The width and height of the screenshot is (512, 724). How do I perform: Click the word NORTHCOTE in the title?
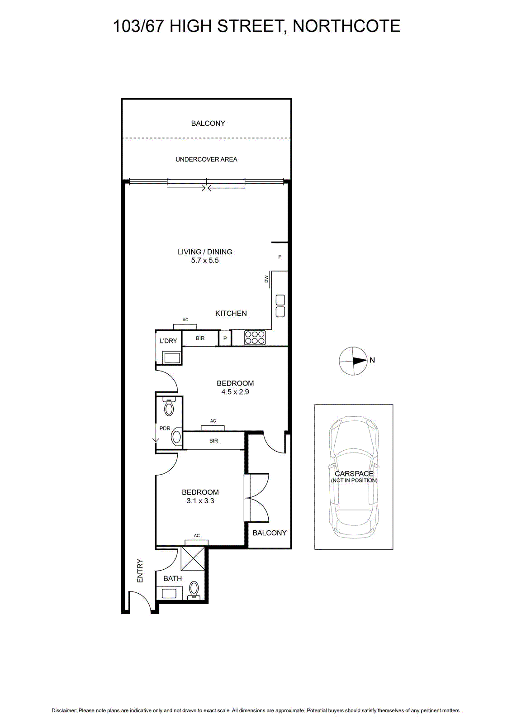point(346,26)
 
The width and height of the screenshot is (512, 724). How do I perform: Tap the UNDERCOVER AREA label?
point(206,159)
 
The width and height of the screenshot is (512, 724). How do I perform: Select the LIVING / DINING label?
point(205,252)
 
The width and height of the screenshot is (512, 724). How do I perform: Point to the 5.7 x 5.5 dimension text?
point(205,261)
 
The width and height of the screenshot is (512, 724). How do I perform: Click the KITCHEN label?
point(231,313)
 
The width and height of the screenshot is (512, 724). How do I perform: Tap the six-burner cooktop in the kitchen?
point(255,338)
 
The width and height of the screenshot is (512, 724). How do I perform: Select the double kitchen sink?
point(280,306)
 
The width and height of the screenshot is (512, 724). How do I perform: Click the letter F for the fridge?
point(280,257)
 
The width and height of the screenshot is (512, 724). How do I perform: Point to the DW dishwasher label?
point(266,279)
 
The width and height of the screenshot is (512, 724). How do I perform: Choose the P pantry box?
point(225,338)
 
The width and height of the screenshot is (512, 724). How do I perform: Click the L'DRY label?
point(168,341)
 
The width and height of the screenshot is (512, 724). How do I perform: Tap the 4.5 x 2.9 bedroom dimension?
point(235,392)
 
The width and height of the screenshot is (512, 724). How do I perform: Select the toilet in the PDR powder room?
point(169,407)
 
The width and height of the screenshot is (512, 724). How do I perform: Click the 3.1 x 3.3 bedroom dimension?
point(200,501)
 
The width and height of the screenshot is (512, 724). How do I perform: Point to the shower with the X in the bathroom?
point(193,558)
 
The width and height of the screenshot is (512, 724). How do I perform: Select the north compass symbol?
point(353,361)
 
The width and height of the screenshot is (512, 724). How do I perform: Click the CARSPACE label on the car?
point(354,473)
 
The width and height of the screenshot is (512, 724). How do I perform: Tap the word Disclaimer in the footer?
point(64,710)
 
